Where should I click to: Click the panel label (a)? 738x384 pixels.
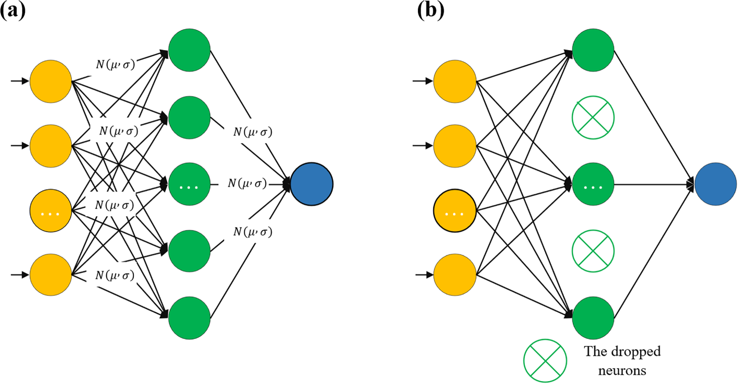tap(12, 11)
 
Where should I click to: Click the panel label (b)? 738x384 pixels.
tap(430, 11)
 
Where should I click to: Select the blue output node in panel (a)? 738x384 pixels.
tap(312, 184)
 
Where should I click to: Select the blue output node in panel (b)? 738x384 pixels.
tap(715, 184)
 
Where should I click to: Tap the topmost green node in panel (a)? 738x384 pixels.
tap(190, 50)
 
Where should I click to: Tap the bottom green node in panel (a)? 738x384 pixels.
tap(190, 318)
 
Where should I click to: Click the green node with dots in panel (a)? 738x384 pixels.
tap(190, 184)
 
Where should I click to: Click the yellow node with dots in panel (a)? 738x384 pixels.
tap(51, 210)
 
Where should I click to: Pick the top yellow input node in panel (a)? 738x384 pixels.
tap(51, 81)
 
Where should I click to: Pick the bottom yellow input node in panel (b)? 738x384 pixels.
tap(455, 275)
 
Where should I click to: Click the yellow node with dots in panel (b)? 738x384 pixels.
tap(455, 210)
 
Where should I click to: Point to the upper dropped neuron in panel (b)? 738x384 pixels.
tap(593, 118)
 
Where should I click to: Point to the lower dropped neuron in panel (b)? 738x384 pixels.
tap(593, 251)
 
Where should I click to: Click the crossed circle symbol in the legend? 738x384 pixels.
tap(545, 360)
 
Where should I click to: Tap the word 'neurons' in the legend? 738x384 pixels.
tap(622, 371)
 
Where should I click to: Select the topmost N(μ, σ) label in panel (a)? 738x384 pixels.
tap(115, 64)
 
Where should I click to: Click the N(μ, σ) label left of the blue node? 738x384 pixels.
tap(247, 183)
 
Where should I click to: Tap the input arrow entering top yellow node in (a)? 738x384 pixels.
tap(20, 81)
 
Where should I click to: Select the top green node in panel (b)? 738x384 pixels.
tap(593, 50)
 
